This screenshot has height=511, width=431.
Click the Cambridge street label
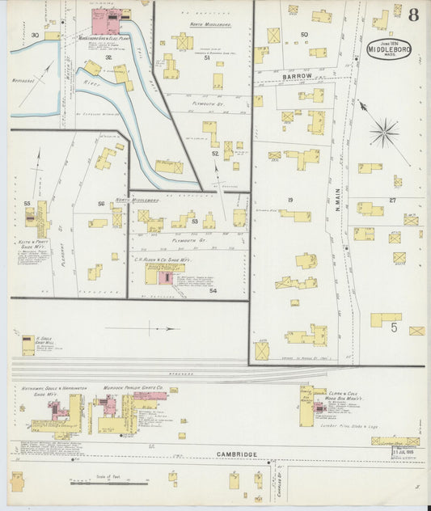point(237,454)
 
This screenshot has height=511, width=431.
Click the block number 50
point(304,34)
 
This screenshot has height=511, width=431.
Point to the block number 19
point(289,199)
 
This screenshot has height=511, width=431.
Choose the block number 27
point(392,200)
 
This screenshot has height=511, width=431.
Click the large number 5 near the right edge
point(394,327)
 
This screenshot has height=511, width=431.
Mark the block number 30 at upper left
point(35,36)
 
